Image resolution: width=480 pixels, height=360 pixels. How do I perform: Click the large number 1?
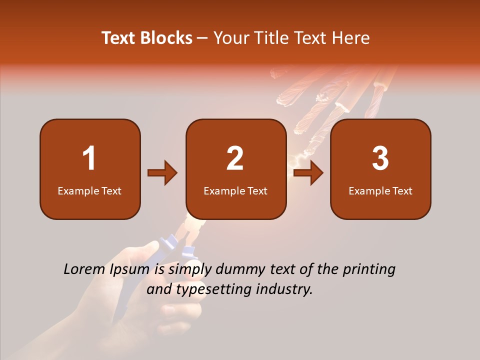click(89, 158)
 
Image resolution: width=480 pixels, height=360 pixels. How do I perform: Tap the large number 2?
click(235, 158)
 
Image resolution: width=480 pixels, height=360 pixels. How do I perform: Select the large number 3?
click(380, 158)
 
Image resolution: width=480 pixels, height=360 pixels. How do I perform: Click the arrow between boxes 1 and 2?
click(163, 173)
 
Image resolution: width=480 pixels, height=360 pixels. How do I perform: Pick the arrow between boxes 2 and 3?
click(308, 173)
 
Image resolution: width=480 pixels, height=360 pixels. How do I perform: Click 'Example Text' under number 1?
click(89, 191)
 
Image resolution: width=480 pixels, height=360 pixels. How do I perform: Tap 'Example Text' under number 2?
click(235, 191)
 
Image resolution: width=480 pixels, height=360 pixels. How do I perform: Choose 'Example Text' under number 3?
click(380, 191)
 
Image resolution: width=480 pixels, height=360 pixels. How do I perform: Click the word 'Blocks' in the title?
click(166, 38)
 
